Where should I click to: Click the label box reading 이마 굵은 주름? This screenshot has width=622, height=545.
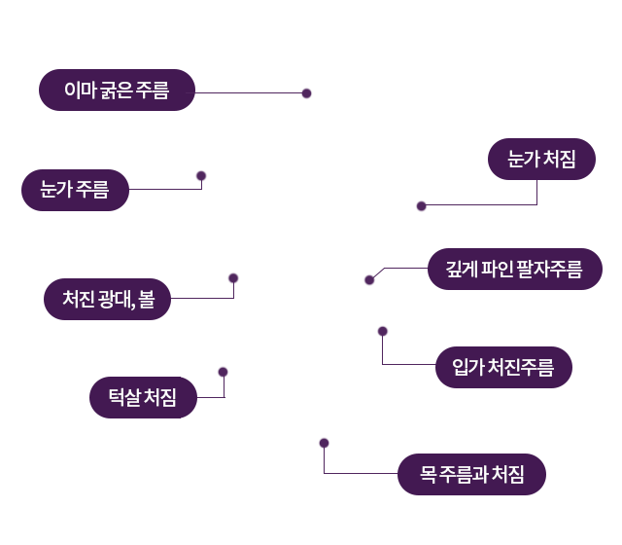(117, 91)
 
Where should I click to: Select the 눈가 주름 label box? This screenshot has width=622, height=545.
(75, 190)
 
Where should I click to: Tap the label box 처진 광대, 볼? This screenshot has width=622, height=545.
(107, 299)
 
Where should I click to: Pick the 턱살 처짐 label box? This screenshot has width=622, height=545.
(142, 397)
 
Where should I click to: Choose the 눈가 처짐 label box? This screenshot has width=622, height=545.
(541, 160)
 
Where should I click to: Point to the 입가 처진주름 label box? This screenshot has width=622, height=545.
(502, 367)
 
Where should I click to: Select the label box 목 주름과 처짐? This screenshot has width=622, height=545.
(471, 475)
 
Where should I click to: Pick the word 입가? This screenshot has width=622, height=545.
(467, 367)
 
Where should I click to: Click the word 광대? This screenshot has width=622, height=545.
(115, 299)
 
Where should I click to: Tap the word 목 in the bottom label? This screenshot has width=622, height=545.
(426, 475)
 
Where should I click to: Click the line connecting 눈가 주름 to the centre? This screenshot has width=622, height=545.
(162, 189)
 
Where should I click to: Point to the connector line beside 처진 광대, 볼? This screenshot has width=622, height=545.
(183, 298)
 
